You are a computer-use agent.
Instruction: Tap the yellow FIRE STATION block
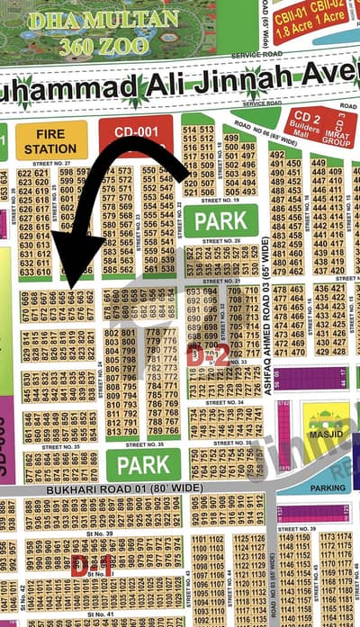tap(51, 140)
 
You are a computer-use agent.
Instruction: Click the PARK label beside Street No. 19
tap(220, 220)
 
